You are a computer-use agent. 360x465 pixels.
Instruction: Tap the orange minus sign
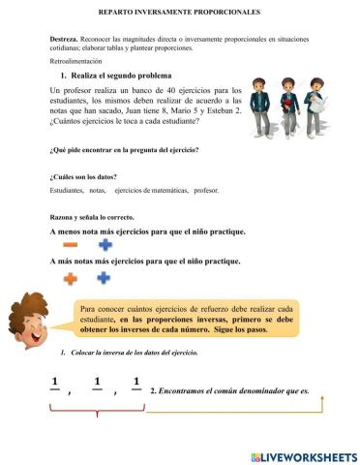[71, 246]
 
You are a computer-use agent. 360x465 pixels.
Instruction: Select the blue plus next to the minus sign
[105, 246]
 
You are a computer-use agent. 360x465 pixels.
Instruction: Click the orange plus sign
[71, 278]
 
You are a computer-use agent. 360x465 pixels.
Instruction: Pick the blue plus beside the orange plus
[105, 278]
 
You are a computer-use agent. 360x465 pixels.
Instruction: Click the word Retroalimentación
[75, 60]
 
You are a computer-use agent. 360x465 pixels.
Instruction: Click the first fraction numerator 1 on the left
[54, 380]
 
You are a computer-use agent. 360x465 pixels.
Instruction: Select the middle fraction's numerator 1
[98, 380]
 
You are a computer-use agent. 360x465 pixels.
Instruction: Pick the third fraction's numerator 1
[136, 380]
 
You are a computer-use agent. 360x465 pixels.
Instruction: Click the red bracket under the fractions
[97, 413]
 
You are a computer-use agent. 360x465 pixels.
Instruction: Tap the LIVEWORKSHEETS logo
[303, 455]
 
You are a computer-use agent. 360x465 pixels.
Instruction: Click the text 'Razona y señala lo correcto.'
[92, 217]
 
